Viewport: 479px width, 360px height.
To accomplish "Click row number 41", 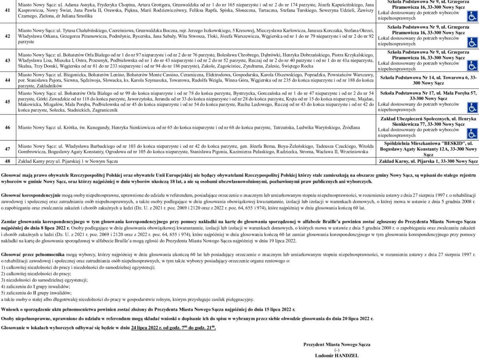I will pyautogui.click(x=7, y=10).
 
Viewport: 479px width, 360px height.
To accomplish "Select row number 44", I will pyautogui.click(x=7, y=80).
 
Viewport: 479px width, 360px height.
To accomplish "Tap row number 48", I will pyautogui.click(x=7, y=161).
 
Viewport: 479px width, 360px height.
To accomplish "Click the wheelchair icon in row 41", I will pyautogui.click(x=472, y=16).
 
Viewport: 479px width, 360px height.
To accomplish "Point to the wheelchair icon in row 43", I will pyautogui.click(x=472, y=66).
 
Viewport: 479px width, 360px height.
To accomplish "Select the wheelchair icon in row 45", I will pyautogui.click(x=472, y=107).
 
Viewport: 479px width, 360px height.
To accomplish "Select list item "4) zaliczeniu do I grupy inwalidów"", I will pyautogui.click(x=36, y=286).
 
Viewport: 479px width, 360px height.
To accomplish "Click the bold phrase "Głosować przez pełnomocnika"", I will pyautogui.click(x=33, y=254).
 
